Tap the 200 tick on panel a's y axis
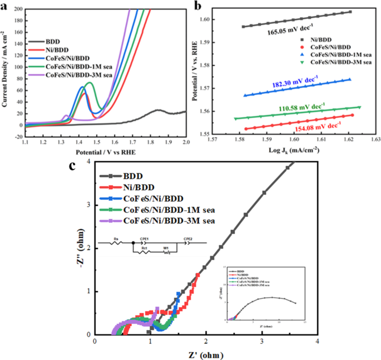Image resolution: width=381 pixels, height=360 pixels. [18, 10]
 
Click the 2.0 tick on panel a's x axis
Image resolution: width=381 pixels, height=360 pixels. [185, 143]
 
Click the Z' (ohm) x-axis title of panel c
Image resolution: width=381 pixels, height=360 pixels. [206, 353]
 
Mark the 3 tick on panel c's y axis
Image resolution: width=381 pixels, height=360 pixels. [88, 205]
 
